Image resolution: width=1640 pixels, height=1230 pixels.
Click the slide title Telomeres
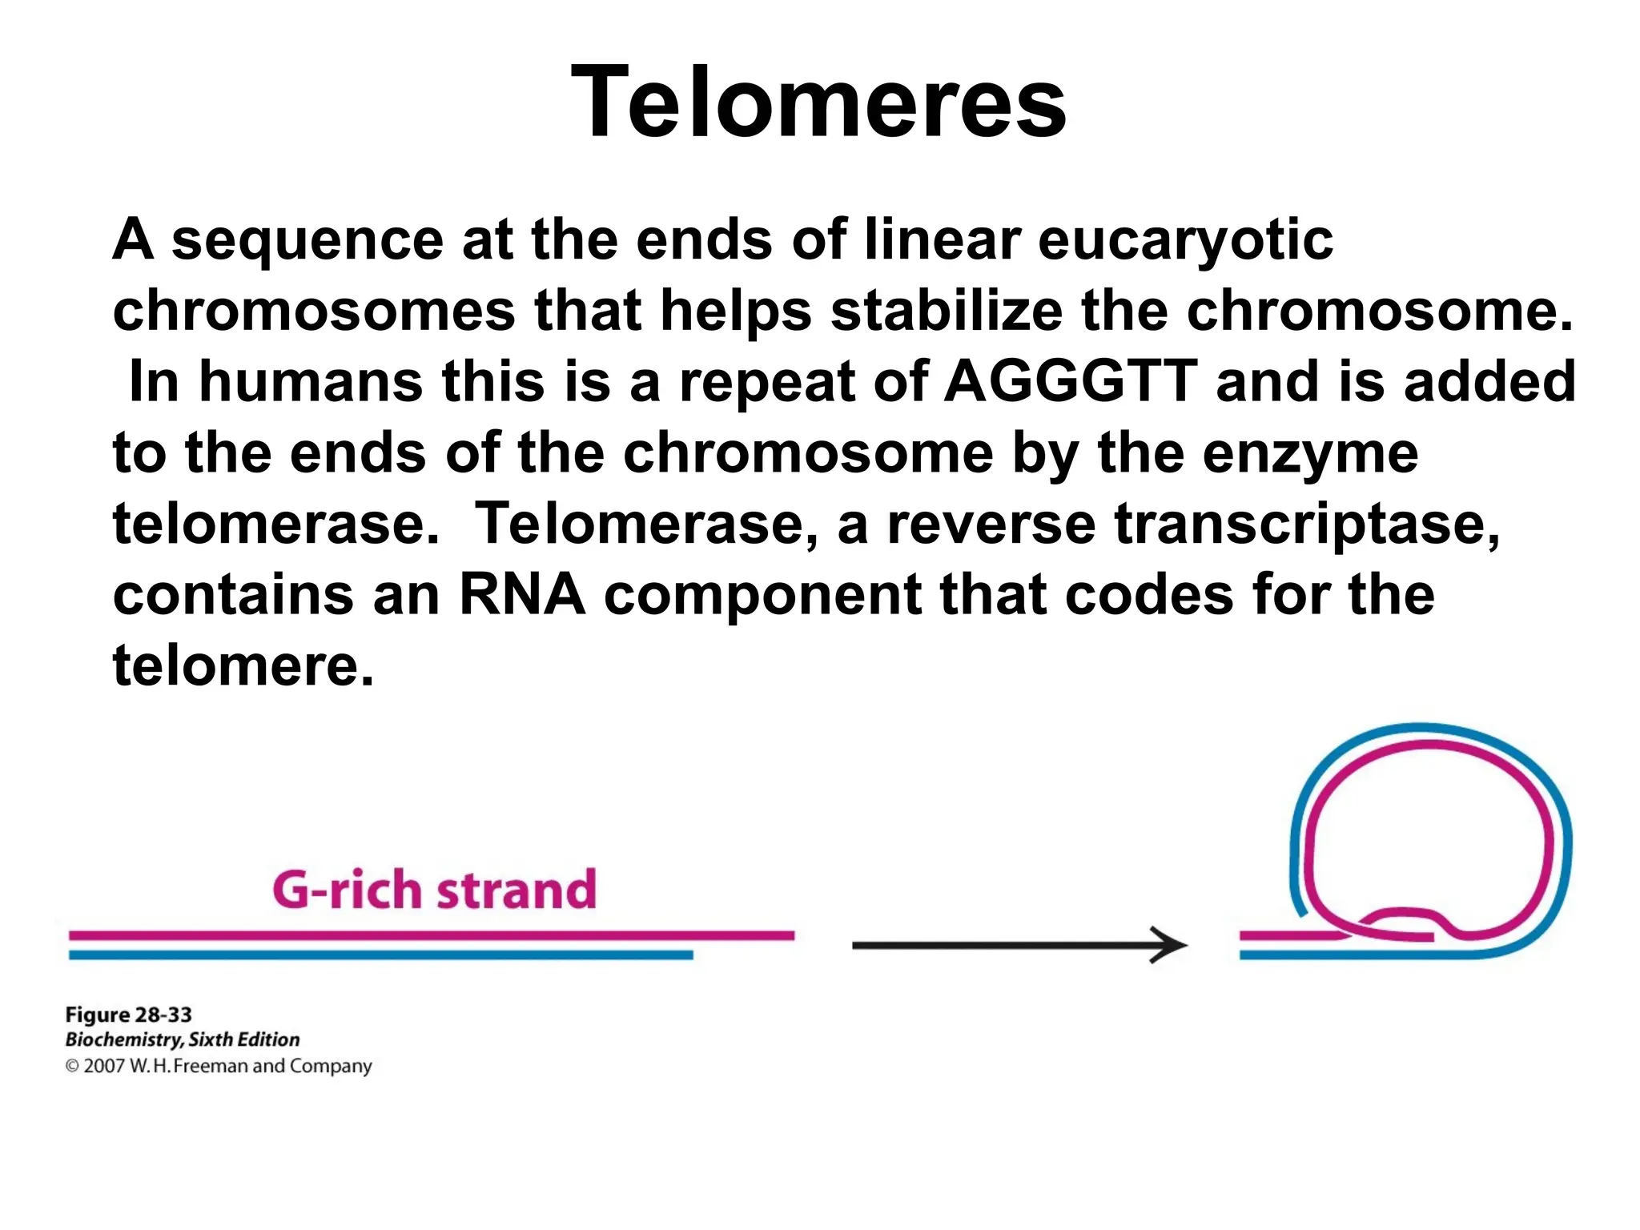(818, 102)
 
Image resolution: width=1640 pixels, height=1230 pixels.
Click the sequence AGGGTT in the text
(1071, 381)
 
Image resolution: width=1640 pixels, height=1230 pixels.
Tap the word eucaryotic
(1185, 240)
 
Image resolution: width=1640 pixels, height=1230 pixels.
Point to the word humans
(311, 381)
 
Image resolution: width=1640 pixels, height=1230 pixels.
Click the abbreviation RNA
(521, 595)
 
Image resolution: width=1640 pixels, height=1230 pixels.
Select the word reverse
(991, 525)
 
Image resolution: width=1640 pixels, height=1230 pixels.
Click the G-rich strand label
(435, 890)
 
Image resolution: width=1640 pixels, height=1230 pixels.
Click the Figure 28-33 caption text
(128, 1015)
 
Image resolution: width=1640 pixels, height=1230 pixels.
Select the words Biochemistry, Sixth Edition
(182, 1039)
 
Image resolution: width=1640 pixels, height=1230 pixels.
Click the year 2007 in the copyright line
(104, 1066)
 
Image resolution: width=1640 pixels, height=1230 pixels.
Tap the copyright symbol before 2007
(72, 1066)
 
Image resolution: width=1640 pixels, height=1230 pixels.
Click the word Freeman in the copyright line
(211, 1066)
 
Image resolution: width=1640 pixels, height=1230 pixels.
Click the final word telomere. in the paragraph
(243, 666)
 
